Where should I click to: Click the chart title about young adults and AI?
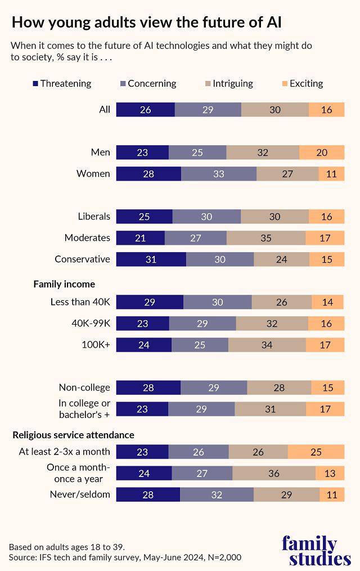pos(146,22)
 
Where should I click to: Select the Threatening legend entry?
pos(61,83)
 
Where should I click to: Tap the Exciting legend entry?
pos(302,83)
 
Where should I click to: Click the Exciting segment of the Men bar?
pos(321,152)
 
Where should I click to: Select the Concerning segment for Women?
pos(219,174)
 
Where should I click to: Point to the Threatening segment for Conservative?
pos(151,259)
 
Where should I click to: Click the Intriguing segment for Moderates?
pos(266,238)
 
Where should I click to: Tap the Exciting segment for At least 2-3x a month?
pos(316,452)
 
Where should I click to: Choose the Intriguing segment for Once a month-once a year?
pos(273,473)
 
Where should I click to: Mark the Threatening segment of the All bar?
pos(145,110)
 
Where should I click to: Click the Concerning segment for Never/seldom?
pos(217,494)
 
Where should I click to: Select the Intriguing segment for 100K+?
pos(267,345)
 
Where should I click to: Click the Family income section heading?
pos(64,284)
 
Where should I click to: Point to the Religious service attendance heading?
pos(73,435)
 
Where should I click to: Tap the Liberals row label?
pos(94,217)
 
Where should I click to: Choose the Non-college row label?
pos(84,388)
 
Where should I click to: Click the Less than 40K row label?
pos(80,302)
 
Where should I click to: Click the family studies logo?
pos(316,551)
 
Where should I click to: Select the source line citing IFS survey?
pos(125,557)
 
